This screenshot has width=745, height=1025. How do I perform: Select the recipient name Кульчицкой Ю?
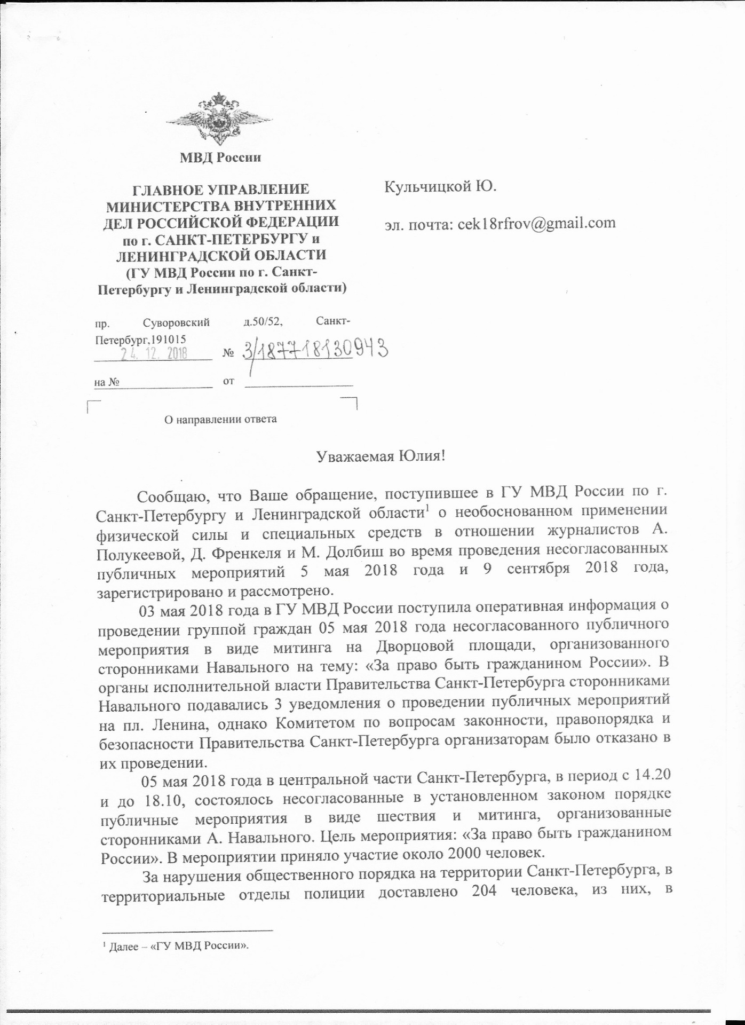(x=440, y=187)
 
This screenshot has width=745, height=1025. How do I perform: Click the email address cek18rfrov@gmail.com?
(x=536, y=223)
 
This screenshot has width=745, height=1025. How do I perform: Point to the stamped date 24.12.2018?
(x=153, y=353)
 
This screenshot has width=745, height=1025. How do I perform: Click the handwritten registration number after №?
(x=315, y=350)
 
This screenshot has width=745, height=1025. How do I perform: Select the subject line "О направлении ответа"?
(x=220, y=419)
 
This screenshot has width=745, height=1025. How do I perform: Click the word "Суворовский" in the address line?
(x=176, y=322)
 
